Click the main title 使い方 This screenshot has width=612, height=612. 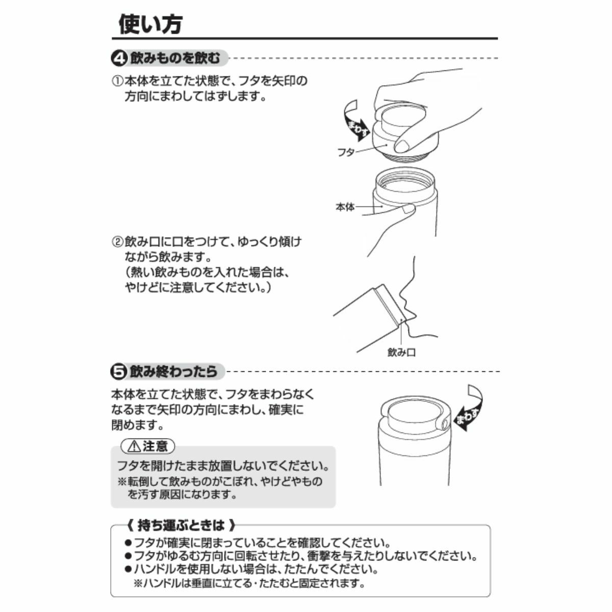150,24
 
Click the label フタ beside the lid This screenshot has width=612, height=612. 346,152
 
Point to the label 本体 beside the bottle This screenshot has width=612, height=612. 345,207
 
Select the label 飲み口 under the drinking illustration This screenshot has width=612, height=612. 401,352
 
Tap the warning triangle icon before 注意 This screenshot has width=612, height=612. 134,447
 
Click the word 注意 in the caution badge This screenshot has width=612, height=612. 155,447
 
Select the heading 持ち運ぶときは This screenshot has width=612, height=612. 181,526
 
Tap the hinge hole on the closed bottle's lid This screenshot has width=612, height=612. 445,423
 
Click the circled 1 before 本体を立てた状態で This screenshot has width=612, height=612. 117,81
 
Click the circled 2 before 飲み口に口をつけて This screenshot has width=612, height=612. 117,242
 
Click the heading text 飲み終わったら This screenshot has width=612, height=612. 173,371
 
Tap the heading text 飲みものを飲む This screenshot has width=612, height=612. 175,59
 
